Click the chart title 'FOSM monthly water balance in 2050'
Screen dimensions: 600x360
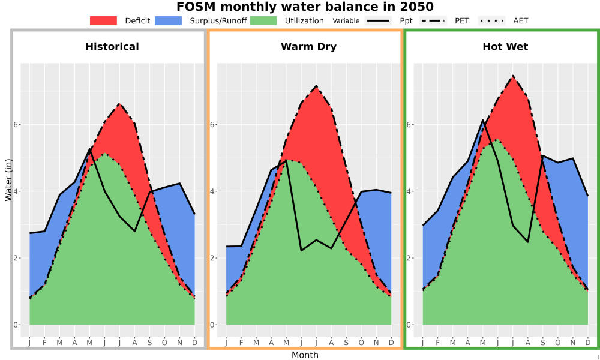305,7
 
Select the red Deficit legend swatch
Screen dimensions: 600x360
103,20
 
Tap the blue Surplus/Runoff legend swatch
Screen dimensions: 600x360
169,20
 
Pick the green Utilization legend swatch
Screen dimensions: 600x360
263,20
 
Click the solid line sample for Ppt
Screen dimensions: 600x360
378,20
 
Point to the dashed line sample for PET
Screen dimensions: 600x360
433,20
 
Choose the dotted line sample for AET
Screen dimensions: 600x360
491,20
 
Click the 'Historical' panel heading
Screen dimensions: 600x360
112,47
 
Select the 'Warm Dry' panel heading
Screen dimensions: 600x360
309,47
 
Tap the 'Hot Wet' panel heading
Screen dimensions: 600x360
505,47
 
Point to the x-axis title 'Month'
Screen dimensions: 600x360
305,355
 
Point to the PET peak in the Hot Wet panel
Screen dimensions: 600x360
513,76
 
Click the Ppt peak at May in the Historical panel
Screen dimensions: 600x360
89,149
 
